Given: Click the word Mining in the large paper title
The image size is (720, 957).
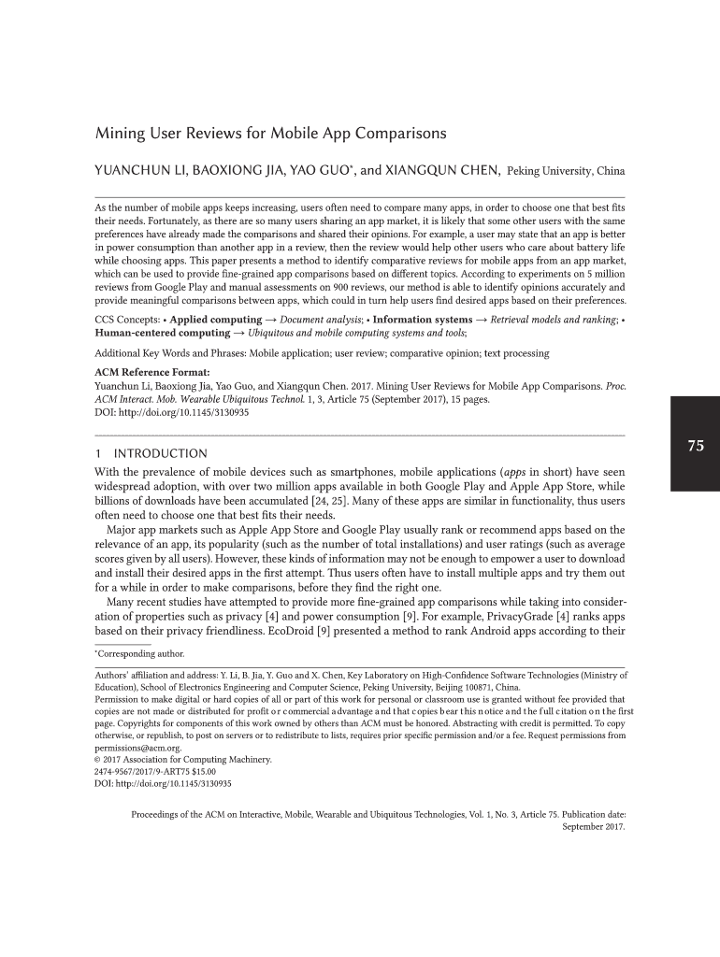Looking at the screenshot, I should click(x=119, y=134).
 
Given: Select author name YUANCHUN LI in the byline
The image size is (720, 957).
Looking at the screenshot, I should click(x=137, y=171).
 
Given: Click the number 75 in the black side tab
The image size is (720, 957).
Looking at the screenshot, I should click(x=695, y=446).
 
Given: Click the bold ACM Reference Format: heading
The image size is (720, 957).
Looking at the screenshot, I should click(x=145, y=370).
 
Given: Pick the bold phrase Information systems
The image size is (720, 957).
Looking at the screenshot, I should click(x=423, y=320).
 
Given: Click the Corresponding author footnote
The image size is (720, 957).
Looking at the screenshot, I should click(x=142, y=653).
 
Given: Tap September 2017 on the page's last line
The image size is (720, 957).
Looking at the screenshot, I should click(x=594, y=827).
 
